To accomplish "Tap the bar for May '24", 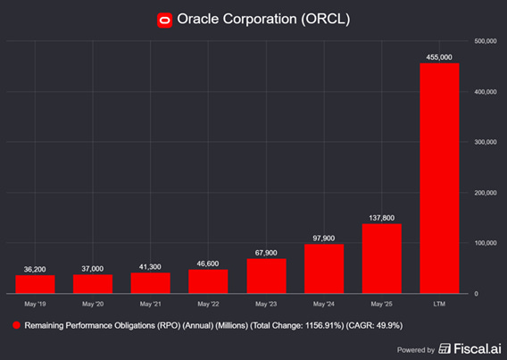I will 324,268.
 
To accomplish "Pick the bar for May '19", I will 36,284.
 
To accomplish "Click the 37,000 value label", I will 93,268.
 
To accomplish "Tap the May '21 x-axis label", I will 151,304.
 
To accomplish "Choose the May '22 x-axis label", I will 208,304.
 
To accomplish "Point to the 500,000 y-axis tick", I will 486,41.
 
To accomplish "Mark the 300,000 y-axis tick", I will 486,142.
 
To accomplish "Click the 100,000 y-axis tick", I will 486,243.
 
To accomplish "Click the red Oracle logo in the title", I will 164,19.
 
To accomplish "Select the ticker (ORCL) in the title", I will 325,19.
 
